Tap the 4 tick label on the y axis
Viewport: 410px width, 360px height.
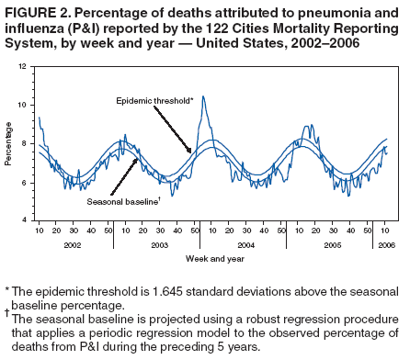click(x=25, y=221)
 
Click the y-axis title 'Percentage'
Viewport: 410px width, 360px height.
click(x=9, y=145)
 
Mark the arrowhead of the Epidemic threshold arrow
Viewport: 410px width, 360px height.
click(x=191, y=151)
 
